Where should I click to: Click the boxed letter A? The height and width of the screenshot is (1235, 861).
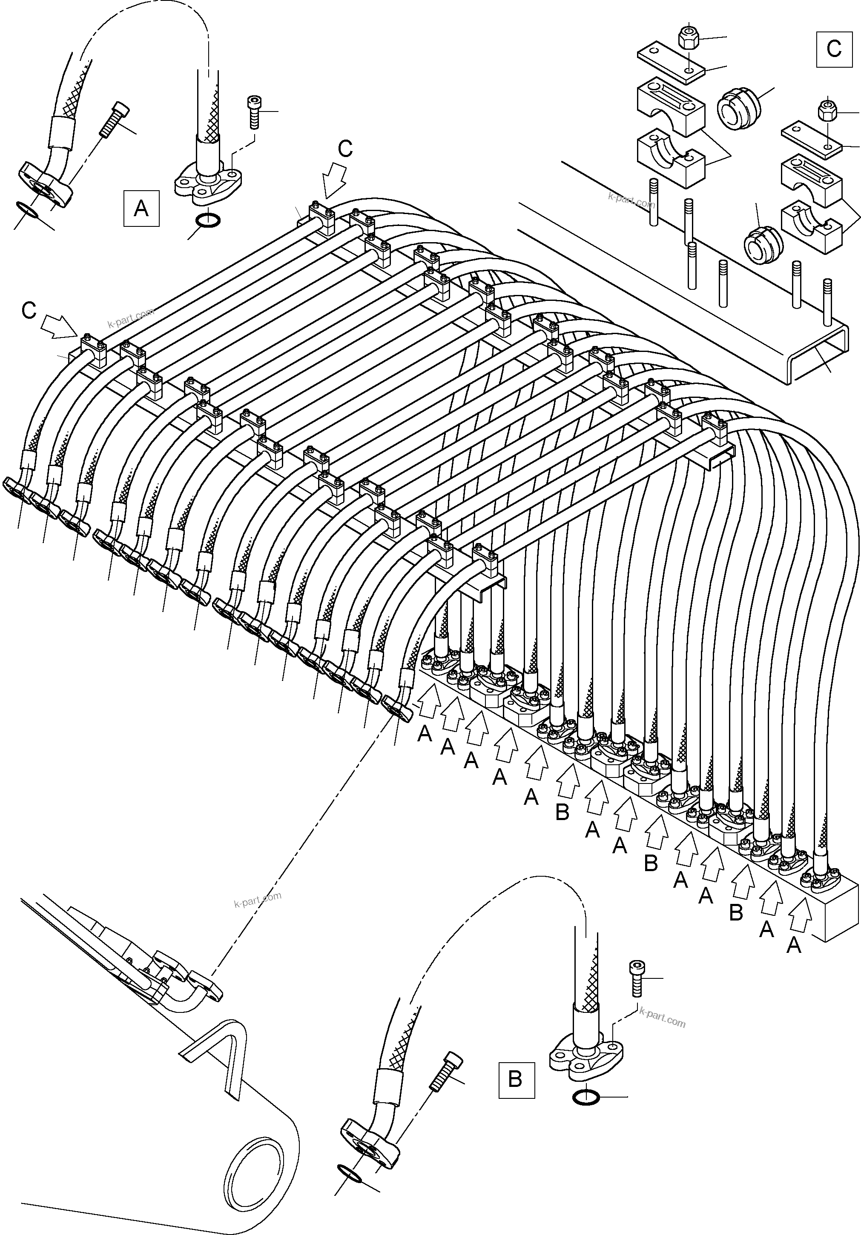coord(141,208)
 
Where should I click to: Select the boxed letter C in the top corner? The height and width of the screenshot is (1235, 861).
coord(834,49)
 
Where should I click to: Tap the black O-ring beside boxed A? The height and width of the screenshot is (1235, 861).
coord(208,220)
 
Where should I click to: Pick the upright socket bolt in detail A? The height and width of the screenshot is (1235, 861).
coord(254,112)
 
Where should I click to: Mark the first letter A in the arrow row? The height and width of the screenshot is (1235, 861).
coord(425,734)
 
